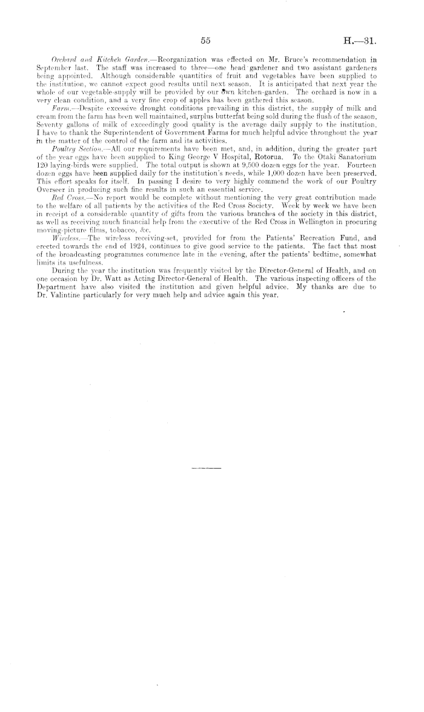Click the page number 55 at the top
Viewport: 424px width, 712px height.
205,41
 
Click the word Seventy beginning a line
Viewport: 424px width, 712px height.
44,123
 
